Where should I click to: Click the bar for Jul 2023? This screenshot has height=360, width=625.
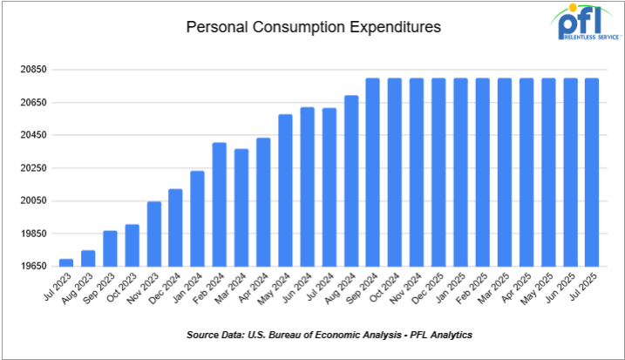coord(66,262)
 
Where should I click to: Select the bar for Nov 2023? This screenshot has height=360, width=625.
coord(154,234)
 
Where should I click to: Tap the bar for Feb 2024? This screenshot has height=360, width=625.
coord(220,204)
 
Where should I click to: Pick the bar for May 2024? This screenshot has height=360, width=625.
coord(285,190)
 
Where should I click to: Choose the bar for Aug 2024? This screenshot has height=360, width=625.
coord(351,180)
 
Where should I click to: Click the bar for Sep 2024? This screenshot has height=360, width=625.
coord(373,172)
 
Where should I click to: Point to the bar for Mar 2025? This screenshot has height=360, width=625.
coord(505,172)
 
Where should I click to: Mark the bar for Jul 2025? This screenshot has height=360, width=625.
coord(592,172)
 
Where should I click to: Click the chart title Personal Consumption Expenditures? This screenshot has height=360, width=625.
coord(313,28)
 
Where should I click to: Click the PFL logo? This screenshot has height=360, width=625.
coord(586,24)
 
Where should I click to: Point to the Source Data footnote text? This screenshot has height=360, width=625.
coord(329,335)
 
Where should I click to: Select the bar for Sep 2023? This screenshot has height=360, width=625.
coord(111,248)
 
